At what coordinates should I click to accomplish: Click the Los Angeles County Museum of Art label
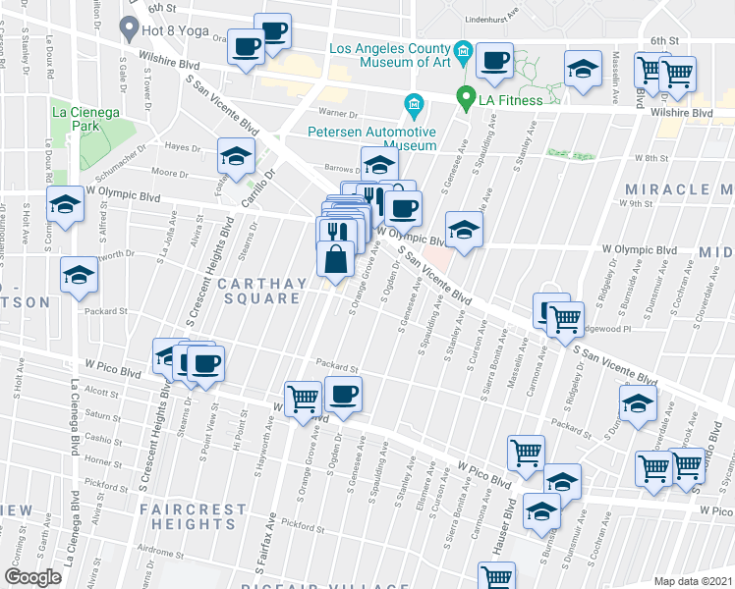point(388,55)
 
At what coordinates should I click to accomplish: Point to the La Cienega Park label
point(86,119)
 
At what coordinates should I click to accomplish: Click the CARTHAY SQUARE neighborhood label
point(258,291)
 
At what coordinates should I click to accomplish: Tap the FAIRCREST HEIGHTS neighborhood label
point(193,516)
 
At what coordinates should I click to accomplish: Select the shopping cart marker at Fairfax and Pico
point(305,397)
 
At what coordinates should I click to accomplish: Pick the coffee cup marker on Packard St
point(343,395)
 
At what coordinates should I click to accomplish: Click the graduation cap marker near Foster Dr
point(236,155)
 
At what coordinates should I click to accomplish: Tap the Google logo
point(32,577)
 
